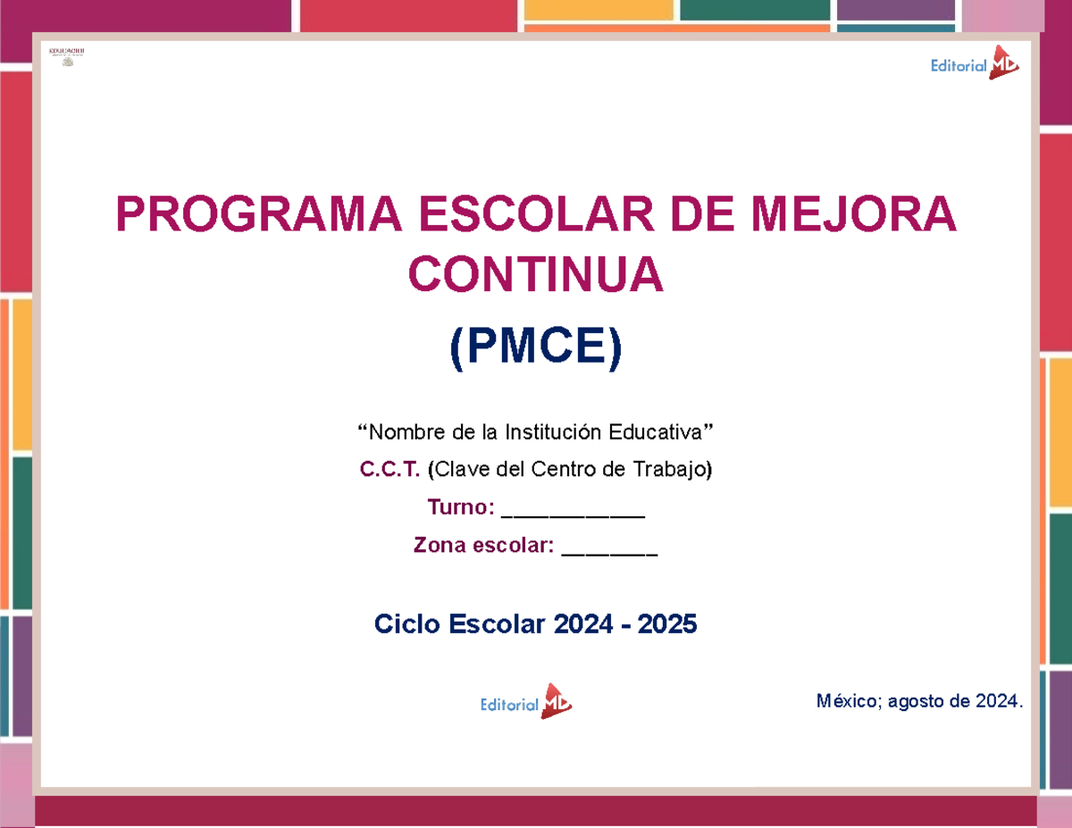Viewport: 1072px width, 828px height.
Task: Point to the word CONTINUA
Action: tap(536, 276)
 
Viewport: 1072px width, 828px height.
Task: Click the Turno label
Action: tap(460, 507)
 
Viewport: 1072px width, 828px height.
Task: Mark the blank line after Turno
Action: tap(573, 513)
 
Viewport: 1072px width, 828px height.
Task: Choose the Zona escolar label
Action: tap(483, 545)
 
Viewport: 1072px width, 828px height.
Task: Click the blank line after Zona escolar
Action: tap(609, 551)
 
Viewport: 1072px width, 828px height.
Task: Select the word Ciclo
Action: tap(406, 624)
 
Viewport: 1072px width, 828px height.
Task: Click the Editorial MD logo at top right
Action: tap(974, 63)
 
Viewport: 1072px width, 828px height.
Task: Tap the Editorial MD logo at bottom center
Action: tap(526, 703)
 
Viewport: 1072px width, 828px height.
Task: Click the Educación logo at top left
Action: tap(66, 56)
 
